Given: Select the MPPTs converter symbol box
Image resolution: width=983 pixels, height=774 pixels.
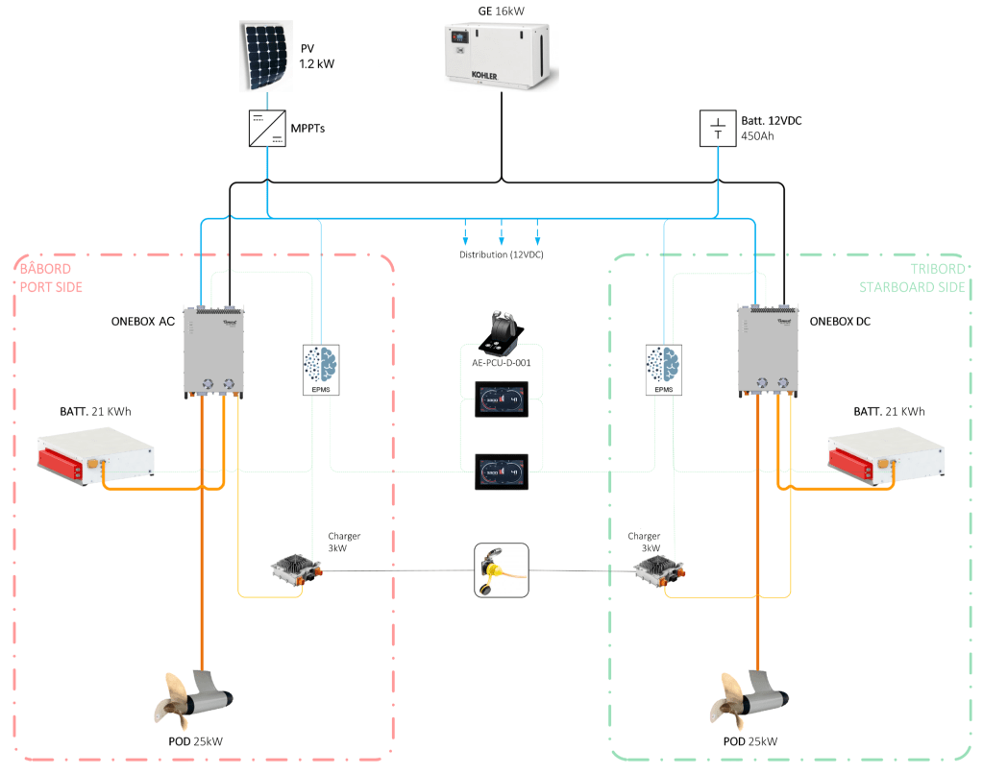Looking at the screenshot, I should coord(266,128).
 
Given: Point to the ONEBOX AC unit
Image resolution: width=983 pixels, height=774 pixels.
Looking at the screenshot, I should coord(215,351).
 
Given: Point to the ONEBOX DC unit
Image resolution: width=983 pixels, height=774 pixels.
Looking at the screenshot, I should coord(768,351).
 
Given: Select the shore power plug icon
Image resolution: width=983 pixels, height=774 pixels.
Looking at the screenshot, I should coord(502,570).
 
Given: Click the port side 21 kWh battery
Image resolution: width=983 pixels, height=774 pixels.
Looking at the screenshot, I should coord(97,460).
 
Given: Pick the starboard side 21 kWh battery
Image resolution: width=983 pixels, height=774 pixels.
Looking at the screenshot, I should coord(885,460).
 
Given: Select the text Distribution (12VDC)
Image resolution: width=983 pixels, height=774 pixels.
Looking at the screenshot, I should coord(501,255).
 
